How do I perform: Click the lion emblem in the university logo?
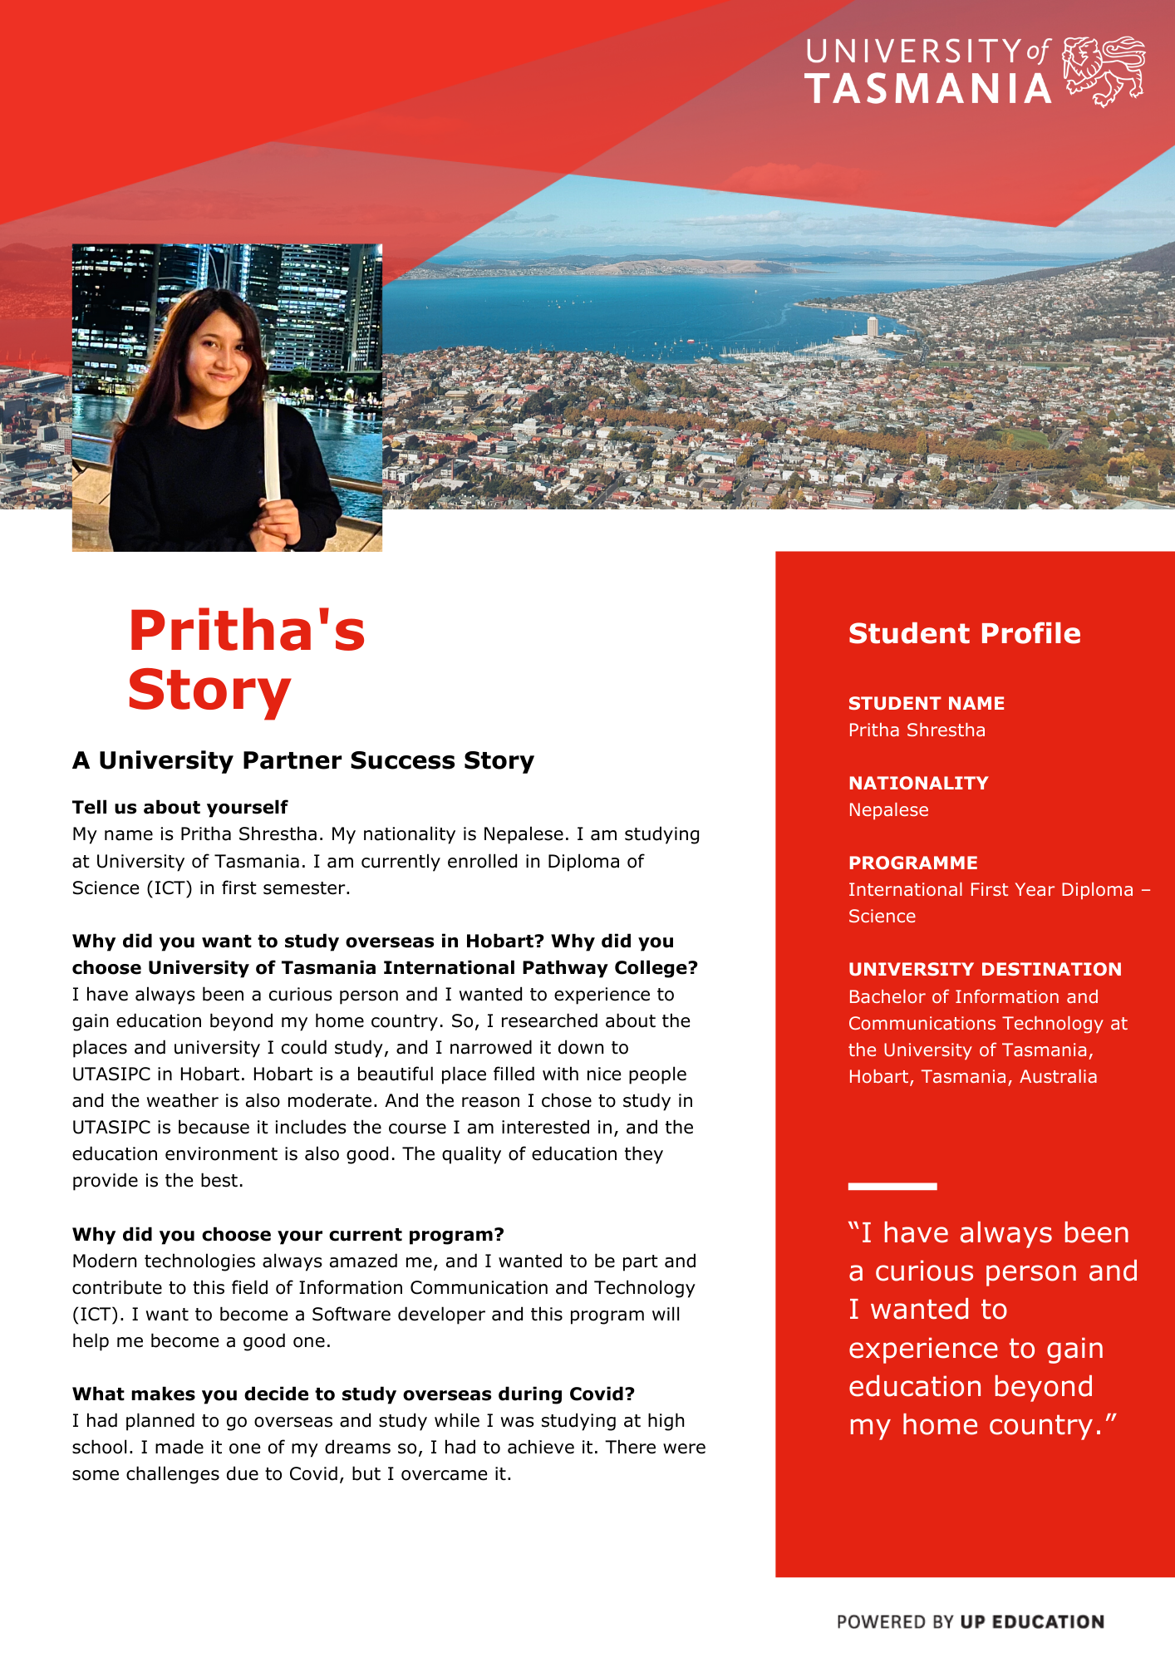[1104, 71]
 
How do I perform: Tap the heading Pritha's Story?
[247, 660]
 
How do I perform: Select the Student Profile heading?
[964, 633]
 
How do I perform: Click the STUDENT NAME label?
[926, 703]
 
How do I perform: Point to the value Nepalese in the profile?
[888, 809]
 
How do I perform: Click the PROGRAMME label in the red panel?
[912, 863]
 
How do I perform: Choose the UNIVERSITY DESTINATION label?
[985, 969]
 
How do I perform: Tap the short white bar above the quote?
[892, 1186]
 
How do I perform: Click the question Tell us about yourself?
[179, 807]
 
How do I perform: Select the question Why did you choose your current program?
[288, 1234]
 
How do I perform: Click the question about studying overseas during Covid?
[353, 1394]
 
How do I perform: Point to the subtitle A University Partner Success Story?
[302, 760]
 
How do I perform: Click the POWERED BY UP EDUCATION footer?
[970, 1621]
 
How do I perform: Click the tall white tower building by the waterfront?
[873, 327]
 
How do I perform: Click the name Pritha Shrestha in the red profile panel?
[917, 730]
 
